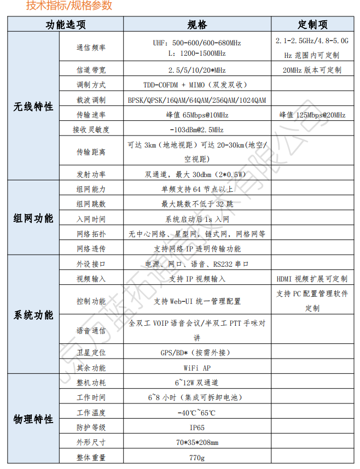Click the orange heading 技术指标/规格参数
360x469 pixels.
pyautogui.click(x=69, y=6)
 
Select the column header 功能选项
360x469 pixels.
pyautogui.click(x=65, y=25)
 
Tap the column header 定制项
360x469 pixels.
pyautogui.click(x=312, y=25)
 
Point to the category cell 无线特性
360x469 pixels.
pyautogui.click(x=33, y=107)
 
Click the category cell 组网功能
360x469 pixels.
pyautogui.click(x=33, y=219)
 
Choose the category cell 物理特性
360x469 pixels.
pyautogui.click(x=33, y=419)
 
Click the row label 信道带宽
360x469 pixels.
pyautogui.click(x=91, y=70)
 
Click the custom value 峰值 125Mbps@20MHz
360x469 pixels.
pyautogui.click(x=312, y=115)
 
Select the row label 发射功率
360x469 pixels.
pyautogui.click(x=91, y=174)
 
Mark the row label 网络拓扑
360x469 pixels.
pyautogui.click(x=91, y=234)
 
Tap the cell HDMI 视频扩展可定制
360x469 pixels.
pyautogui.click(x=312, y=279)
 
